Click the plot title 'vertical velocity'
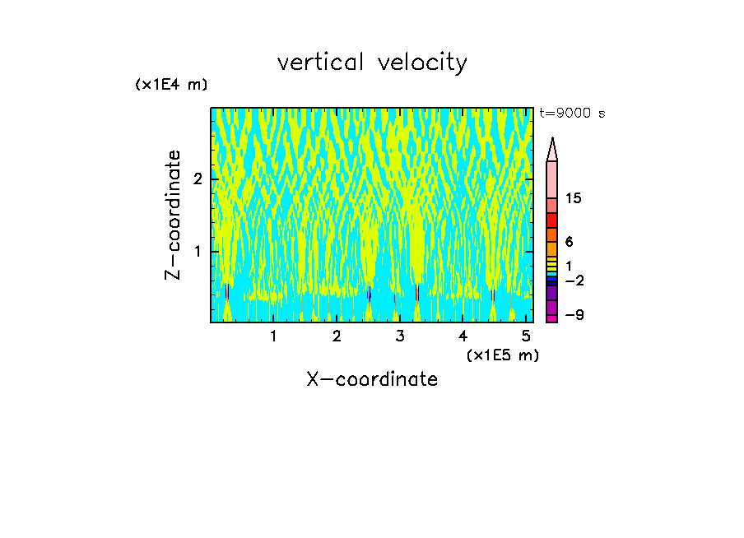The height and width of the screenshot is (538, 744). (x=372, y=63)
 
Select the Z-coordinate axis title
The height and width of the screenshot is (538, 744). (x=173, y=215)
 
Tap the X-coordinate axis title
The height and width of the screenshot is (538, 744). (x=372, y=379)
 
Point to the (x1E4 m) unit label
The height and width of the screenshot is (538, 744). (x=171, y=85)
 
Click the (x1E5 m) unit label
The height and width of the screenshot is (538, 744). (x=502, y=355)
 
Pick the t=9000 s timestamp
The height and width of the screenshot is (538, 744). (x=572, y=114)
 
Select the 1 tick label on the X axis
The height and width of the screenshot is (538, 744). (x=273, y=336)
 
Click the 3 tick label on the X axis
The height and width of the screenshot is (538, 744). (x=400, y=336)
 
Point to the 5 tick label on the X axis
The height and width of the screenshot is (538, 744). (x=527, y=336)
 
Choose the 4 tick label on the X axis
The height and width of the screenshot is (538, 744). (x=463, y=336)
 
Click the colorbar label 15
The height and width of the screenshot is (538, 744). (x=574, y=199)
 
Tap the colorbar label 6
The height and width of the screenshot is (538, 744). (x=569, y=242)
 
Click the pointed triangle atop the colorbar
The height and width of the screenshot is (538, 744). (x=552, y=150)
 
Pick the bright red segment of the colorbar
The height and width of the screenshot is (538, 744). (x=552, y=220)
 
